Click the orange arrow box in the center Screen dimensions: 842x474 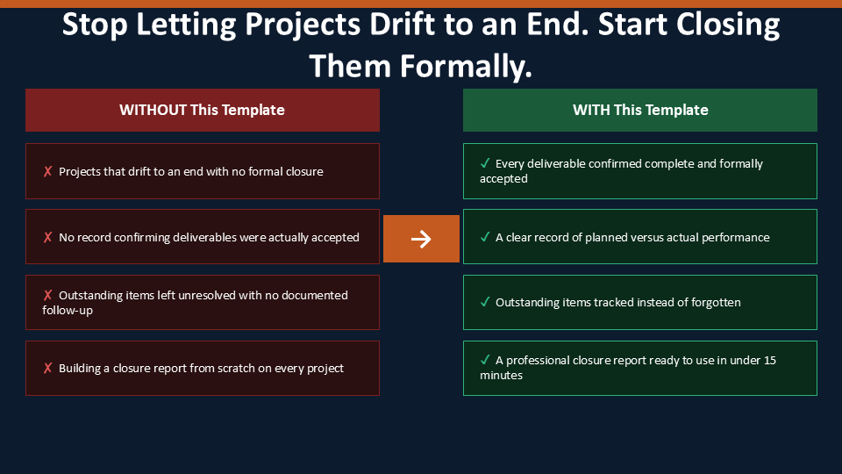[x=421, y=239]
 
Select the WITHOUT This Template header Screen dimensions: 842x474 [x=203, y=111]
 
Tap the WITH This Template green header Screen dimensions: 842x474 [x=640, y=111]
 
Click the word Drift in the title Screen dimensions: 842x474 [x=402, y=25]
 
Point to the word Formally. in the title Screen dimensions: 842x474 [x=466, y=67]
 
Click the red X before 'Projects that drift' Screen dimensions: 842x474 [x=47, y=171]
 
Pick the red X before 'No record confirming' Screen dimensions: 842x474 [x=47, y=237]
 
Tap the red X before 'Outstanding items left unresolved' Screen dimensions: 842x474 [x=47, y=295]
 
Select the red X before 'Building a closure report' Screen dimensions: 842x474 [x=47, y=368]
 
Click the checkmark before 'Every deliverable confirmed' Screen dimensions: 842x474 [x=485, y=163]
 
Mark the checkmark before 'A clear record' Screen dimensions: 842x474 [x=485, y=237]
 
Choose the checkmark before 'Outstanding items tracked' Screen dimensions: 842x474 [x=485, y=302]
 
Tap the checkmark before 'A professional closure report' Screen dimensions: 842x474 [x=485, y=360]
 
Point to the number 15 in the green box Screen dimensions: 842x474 [x=769, y=360]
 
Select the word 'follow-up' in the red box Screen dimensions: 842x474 [x=68, y=311]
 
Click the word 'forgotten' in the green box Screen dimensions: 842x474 [x=716, y=303]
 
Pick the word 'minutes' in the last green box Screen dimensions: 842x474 [x=501, y=375]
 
